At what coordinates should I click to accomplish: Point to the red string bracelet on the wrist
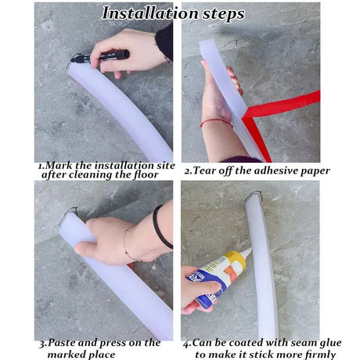coord(215,122)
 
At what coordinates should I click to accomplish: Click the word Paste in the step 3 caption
coord(59,343)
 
